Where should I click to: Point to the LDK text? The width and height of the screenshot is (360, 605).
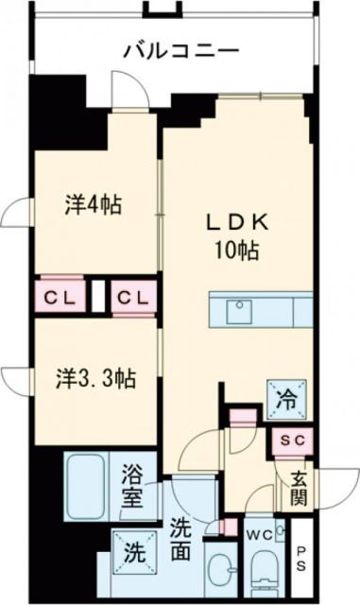[239, 222]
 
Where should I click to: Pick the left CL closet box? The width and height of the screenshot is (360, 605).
[60, 298]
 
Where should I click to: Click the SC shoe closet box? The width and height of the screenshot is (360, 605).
[291, 441]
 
